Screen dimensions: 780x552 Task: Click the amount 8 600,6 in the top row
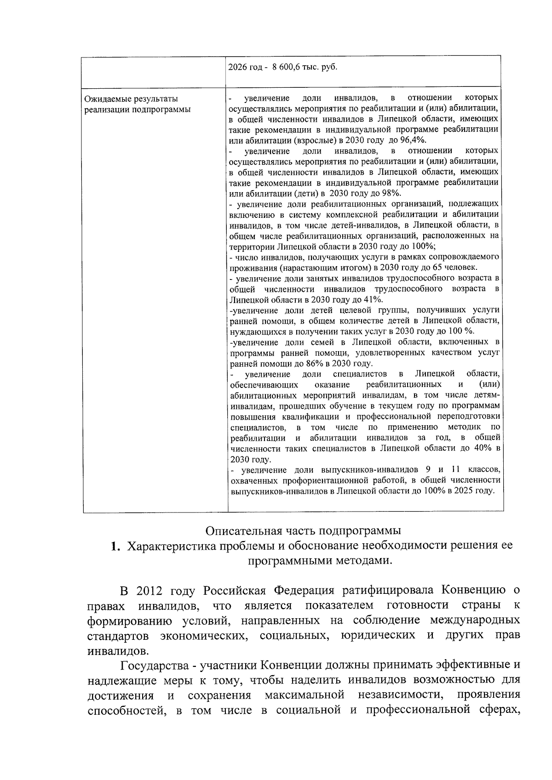pos(287,67)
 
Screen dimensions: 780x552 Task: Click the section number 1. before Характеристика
pos(116,546)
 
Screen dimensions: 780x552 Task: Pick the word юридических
pos(378,635)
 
